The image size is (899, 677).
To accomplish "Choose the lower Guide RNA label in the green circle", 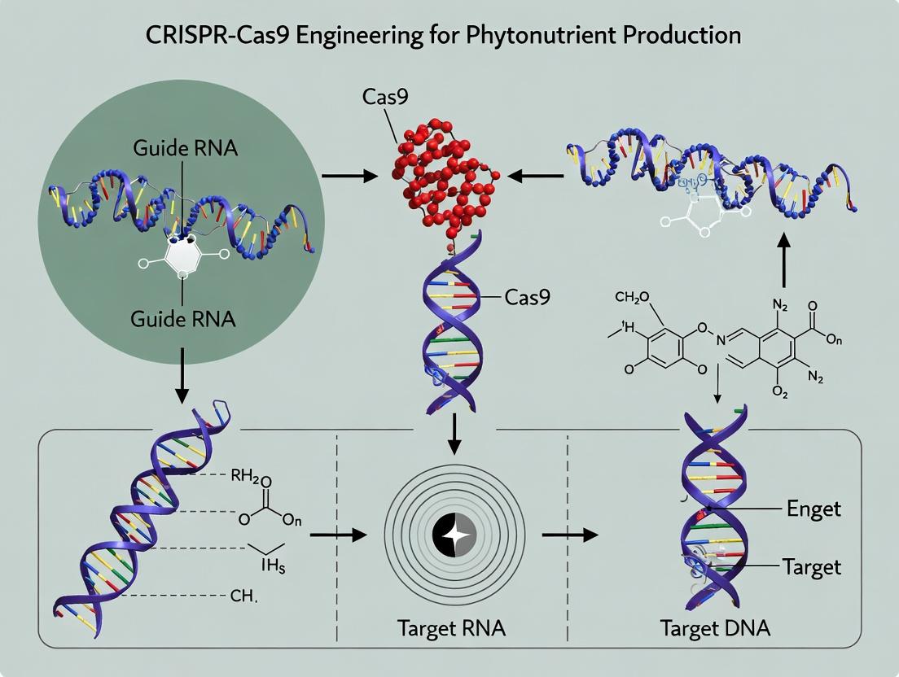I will [182, 319].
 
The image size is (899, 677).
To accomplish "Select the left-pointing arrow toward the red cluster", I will [534, 175].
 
